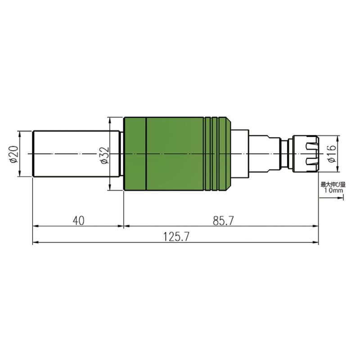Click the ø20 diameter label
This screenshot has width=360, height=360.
click(14, 154)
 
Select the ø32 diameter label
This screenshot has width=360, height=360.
click(105, 155)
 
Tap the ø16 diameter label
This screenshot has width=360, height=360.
click(332, 154)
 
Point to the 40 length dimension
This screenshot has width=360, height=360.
click(78, 220)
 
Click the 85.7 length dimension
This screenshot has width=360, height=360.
click(223, 220)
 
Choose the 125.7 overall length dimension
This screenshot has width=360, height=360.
click(176, 237)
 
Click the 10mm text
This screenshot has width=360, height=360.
click(333, 190)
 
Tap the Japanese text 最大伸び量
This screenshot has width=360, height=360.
click(333, 184)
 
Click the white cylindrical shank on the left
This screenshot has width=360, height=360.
click(76, 153)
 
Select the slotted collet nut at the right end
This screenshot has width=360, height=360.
click(306, 153)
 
